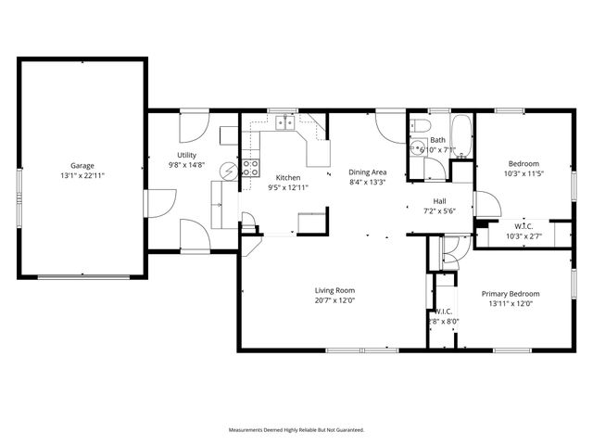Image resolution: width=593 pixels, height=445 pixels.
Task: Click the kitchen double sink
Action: [x=282, y=121]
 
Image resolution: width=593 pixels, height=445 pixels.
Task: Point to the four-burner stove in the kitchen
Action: [x=249, y=168]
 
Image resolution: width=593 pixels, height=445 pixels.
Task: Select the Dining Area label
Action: [x=367, y=172]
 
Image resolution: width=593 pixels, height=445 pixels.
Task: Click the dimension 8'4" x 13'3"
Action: [x=367, y=182]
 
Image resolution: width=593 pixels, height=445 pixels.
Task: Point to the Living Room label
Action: [x=322, y=290]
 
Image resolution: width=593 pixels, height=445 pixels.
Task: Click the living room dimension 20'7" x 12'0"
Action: [x=322, y=299]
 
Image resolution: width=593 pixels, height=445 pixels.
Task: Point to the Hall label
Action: [x=441, y=201]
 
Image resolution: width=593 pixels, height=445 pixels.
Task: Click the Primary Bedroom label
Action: [x=510, y=294]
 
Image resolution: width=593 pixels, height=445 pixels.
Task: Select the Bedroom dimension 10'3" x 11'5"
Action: [x=523, y=172]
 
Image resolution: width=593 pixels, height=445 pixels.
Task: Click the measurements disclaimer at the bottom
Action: [x=296, y=430]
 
